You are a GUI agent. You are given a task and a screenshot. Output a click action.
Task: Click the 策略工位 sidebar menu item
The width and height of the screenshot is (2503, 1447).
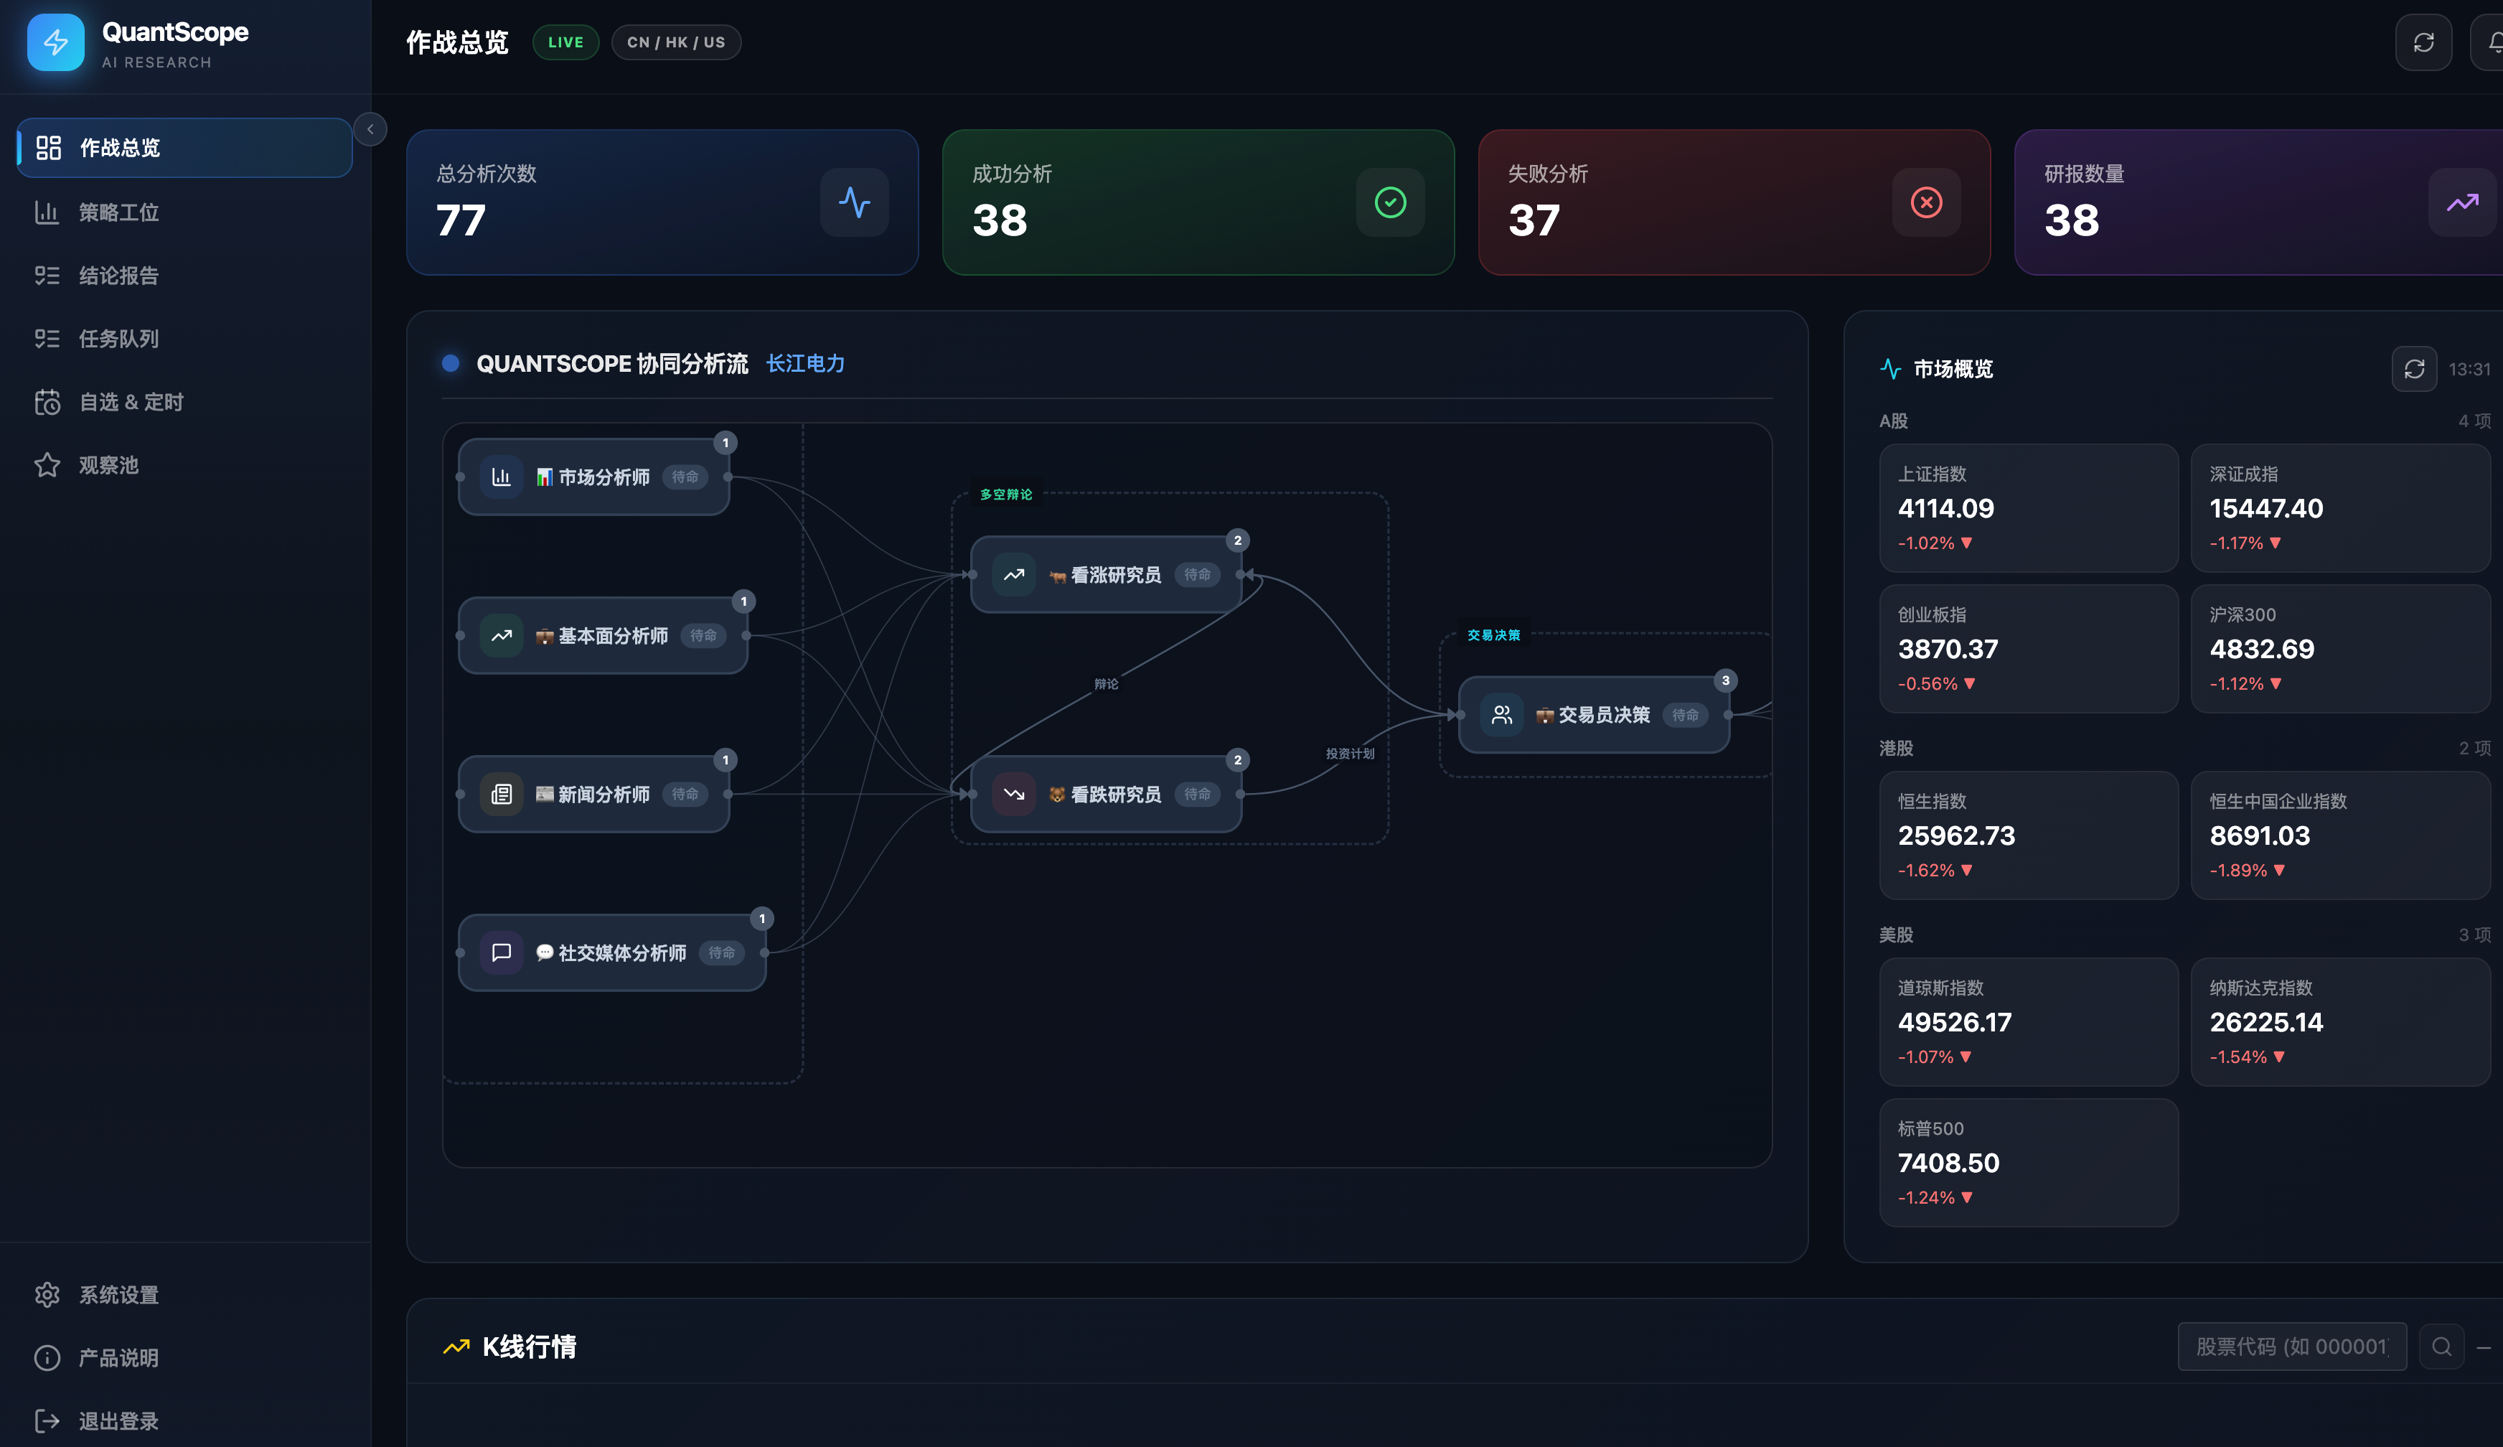coord(119,212)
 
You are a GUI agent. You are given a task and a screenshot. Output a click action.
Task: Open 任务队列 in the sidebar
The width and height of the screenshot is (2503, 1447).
coord(119,339)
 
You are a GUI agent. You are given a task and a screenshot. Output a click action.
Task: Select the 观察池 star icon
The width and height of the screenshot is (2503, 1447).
coord(47,465)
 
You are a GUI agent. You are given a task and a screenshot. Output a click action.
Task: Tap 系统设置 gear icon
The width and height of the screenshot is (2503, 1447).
coord(47,1294)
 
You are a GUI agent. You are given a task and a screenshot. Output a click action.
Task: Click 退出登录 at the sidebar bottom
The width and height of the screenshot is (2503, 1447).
coord(119,1420)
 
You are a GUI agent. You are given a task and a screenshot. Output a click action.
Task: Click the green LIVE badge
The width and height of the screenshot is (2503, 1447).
coord(565,42)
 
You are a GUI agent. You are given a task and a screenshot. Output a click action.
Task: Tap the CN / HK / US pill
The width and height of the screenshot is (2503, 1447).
coord(675,42)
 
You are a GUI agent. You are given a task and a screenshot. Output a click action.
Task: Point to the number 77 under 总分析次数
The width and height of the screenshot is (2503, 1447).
coord(461,220)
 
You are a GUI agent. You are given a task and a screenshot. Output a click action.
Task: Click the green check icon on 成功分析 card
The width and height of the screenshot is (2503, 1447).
coord(1389,202)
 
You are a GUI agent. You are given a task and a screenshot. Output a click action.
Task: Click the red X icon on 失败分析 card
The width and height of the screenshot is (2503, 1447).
coord(1926,202)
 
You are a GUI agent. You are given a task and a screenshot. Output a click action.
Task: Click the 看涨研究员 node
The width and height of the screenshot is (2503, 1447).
coord(1106,574)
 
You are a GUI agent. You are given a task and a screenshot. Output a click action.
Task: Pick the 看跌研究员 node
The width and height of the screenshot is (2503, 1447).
coord(1106,794)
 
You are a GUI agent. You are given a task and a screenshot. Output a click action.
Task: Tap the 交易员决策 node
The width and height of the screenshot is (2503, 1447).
coord(1593,714)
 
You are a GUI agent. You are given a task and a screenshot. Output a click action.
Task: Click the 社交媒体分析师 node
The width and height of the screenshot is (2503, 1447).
coord(612,952)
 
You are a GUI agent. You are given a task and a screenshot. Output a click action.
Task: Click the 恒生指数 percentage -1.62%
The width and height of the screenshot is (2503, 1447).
coord(1926,870)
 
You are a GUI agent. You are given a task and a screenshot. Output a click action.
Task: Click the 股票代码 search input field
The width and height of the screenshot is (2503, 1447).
coord(2291,1346)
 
